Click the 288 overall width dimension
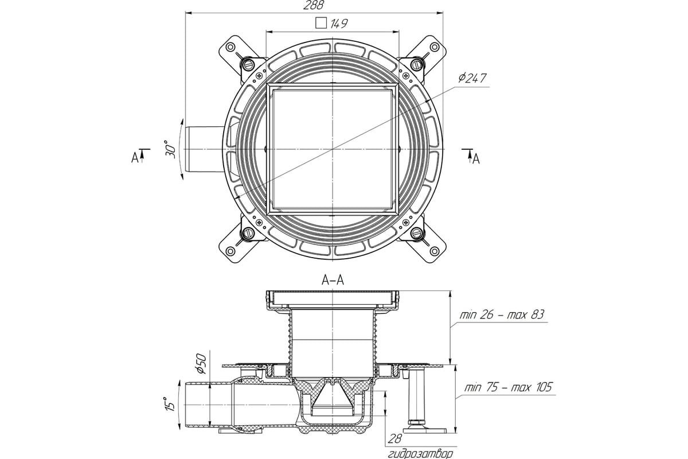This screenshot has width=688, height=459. tap(313, 5)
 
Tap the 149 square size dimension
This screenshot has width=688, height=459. tap(339, 24)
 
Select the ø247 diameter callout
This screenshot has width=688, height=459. tap(472, 78)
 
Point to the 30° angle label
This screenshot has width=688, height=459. tap(171, 149)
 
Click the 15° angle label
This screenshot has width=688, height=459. tap(170, 404)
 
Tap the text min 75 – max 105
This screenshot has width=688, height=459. tap(508, 387)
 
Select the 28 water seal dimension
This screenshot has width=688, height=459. tap(394, 439)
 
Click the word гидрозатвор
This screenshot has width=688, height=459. tap(420, 454)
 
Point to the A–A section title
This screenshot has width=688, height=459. tap(333, 280)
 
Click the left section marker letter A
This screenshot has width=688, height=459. tap(135, 158)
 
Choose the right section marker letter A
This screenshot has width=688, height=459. tap(476, 160)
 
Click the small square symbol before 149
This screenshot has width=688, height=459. tap(321, 23)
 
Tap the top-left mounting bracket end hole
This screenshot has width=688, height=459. tap(230, 48)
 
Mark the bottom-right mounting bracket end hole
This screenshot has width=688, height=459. tap(434, 251)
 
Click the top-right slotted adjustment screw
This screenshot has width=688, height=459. tap(416, 65)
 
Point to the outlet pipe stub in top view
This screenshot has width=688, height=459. tap(204, 149)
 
